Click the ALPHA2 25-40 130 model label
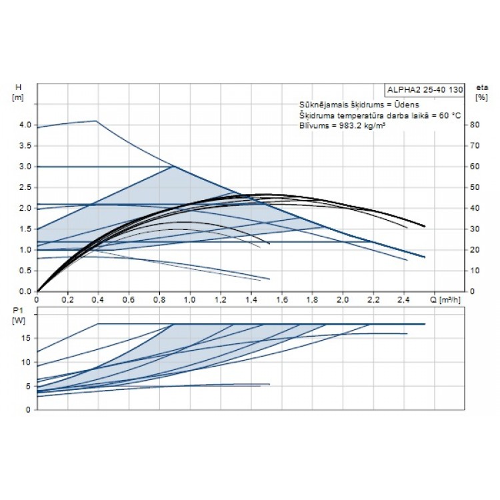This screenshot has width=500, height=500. point(424,90)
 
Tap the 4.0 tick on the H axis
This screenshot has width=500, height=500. point(26,125)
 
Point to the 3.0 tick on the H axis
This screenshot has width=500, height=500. point(26,167)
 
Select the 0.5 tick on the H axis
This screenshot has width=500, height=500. point(26,271)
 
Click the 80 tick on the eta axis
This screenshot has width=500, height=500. point(474,125)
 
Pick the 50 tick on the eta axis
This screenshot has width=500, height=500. point(474,187)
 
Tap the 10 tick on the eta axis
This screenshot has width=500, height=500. point(474,271)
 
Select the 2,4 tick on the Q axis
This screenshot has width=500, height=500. point(404,301)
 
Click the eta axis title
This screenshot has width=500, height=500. point(481,87)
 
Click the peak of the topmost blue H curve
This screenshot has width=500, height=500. point(97,121)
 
